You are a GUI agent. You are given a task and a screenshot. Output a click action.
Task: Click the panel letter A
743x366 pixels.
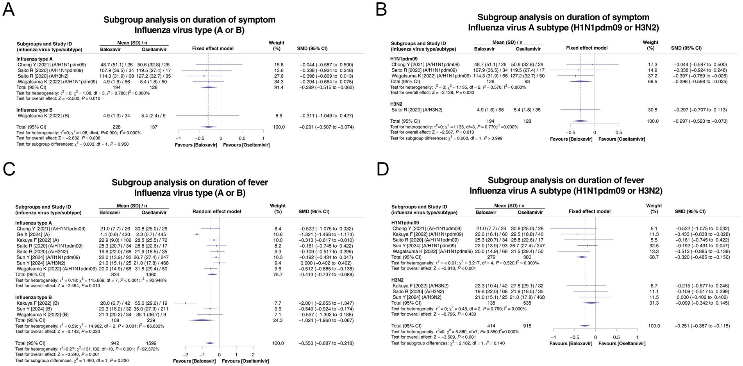[x=9, y=10]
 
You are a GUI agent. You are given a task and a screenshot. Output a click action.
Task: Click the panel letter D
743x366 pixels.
[x=383, y=170]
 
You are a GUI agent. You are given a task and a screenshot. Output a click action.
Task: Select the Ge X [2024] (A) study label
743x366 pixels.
[x=33, y=234]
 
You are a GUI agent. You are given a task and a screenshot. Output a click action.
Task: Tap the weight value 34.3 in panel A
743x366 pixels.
[x=279, y=82]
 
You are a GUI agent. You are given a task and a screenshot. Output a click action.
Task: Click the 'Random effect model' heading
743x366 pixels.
[x=217, y=211]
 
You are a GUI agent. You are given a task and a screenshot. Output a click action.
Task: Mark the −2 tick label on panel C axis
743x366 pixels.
[x=185, y=355]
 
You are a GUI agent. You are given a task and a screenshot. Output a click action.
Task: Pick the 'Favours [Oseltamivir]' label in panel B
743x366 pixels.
[x=622, y=139]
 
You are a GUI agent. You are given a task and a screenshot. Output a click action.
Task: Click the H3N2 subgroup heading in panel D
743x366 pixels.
[x=400, y=280]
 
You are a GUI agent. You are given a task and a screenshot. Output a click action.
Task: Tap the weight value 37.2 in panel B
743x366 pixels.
[x=652, y=76]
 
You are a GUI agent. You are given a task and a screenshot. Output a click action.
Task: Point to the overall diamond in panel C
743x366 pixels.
[x=210, y=343]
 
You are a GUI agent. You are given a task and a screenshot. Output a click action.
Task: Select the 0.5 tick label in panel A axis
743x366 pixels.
[x=242, y=138]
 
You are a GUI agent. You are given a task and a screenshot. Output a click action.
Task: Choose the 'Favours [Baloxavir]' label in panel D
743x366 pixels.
[x=571, y=343]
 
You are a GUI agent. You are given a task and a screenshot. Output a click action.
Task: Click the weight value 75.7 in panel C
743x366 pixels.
[x=278, y=275]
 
